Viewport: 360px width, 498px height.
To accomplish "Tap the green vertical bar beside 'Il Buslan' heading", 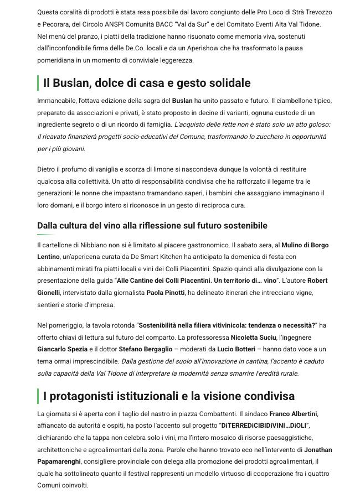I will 38,83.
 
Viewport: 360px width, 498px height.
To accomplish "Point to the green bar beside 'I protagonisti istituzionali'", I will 38,396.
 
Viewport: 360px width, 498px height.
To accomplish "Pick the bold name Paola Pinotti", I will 166,293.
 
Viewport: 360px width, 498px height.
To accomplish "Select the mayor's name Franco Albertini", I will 294,413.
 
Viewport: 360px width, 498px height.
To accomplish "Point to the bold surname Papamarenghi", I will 59,461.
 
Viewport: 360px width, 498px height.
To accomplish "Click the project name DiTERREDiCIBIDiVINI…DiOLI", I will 264,426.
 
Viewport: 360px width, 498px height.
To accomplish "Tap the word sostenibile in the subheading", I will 242,226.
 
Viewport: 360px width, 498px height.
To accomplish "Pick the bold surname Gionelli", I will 49,293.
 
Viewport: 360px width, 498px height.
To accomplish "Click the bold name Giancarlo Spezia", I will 63,350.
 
